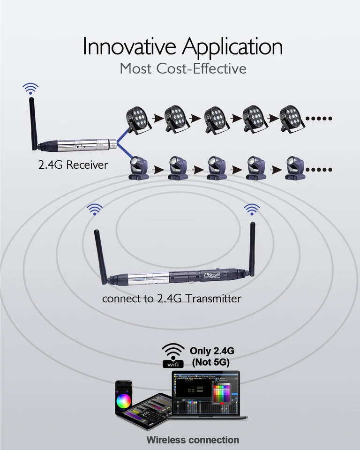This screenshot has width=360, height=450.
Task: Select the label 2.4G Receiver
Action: pyautogui.click(x=73, y=165)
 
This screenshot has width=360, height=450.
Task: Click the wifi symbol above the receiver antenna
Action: pyautogui.click(x=31, y=88)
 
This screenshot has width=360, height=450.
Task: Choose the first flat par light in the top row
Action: pyautogui.click(x=139, y=118)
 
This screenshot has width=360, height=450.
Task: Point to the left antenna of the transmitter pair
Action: pyautogui.click(x=100, y=255)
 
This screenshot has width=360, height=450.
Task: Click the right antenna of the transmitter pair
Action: pyautogui.click(x=252, y=248)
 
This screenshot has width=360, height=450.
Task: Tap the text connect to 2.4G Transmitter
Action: pyautogui.click(x=172, y=299)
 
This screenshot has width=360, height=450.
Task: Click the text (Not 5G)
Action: pyautogui.click(x=210, y=362)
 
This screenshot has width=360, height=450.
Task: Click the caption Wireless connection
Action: pyautogui.click(x=193, y=440)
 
